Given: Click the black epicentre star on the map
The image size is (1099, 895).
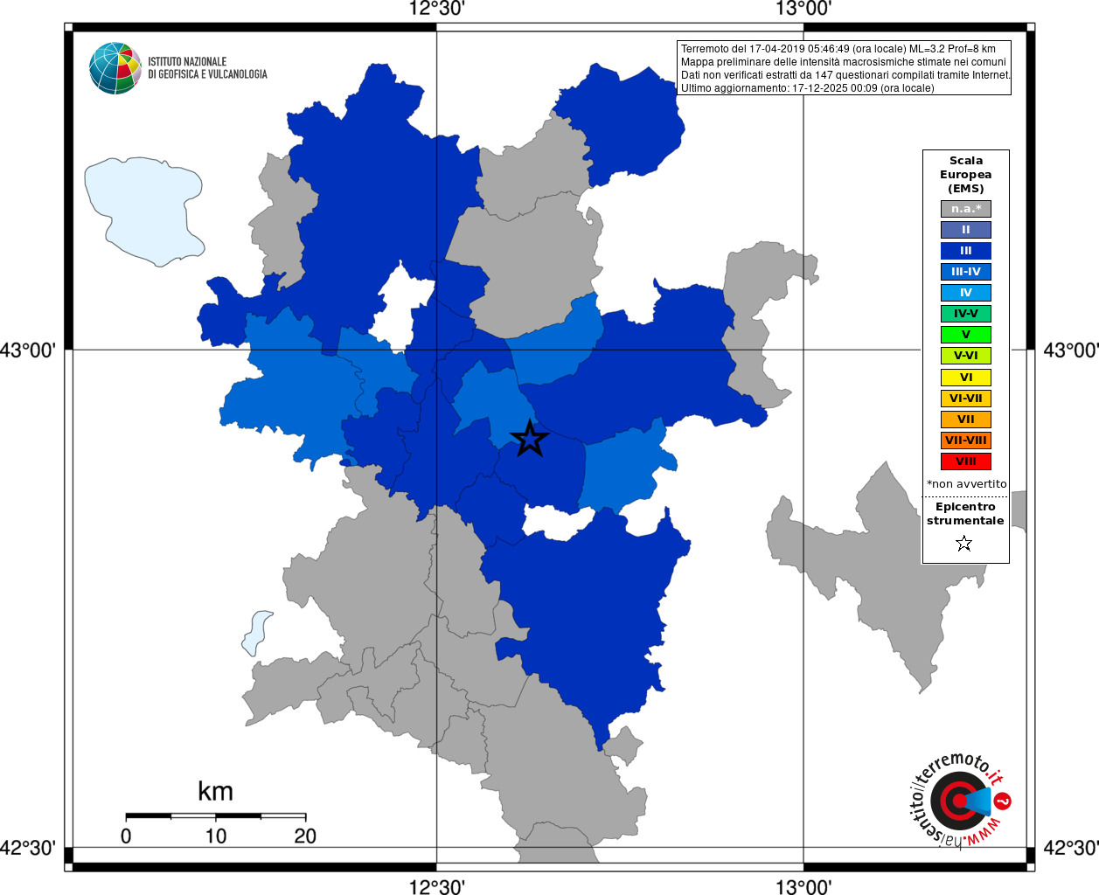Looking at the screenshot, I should (529, 438).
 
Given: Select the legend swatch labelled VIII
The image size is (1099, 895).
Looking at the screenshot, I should (965, 461).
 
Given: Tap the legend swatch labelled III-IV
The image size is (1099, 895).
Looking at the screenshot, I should (965, 272).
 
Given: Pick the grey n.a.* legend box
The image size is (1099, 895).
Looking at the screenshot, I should (965, 209).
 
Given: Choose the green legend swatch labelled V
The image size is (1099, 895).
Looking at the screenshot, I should (965, 335).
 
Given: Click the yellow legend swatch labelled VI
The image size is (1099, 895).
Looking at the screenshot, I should (965, 378).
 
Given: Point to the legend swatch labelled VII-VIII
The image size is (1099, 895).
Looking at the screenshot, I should (965, 441).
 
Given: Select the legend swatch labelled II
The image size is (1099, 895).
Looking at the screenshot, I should (965, 230).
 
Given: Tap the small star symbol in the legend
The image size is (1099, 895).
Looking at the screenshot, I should (964, 544).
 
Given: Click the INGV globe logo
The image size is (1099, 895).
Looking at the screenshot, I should (115, 68).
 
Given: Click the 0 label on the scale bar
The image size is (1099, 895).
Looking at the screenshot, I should (126, 836).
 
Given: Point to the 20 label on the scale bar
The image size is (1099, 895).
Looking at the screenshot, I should (305, 836).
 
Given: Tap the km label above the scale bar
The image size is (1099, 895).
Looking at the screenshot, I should (215, 792).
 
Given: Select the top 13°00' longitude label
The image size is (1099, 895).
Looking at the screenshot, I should (803, 10).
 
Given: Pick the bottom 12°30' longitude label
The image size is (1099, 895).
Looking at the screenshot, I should (436, 887).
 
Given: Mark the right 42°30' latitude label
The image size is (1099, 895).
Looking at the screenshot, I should (1071, 848).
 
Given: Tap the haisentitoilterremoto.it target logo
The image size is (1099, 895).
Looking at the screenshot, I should (959, 801).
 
